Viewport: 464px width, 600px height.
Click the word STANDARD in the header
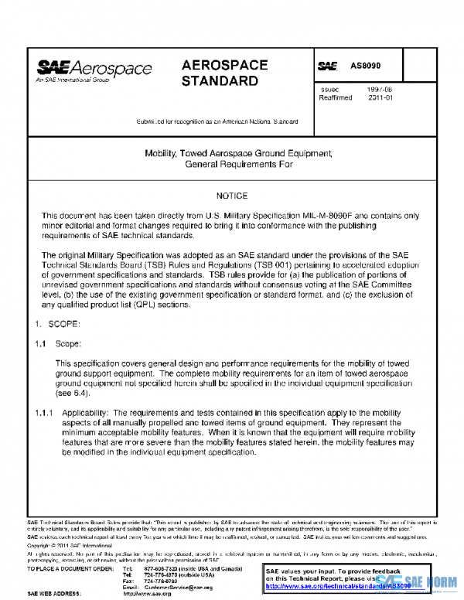tap(220, 80)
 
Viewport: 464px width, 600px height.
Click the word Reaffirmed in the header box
tap(337, 98)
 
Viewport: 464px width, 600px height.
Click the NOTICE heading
tap(232, 196)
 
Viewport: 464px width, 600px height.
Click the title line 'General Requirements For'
tap(232, 165)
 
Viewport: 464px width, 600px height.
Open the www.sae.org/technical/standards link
tap(333, 587)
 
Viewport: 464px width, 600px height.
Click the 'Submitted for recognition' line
tap(217, 121)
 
